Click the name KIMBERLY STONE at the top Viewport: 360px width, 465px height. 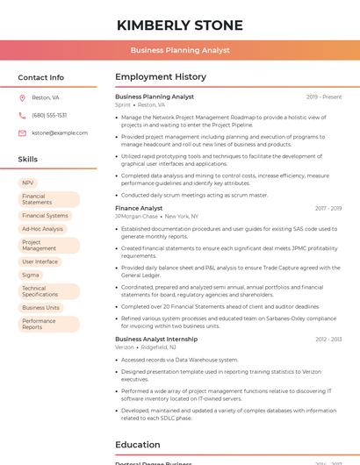[x=180, y=25]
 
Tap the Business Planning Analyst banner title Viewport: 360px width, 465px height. [x=180, y=50]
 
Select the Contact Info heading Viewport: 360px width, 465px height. [x=41, y=77]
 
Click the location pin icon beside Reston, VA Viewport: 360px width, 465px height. [x=22, y=97]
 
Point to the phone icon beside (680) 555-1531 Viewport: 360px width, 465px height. [x=22, y=115]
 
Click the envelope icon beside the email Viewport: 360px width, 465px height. [x=22, y=132]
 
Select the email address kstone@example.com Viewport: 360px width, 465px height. [x=60, y=132]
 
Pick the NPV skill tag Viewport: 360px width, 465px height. [x=29, y=182]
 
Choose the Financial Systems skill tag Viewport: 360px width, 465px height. [x=45, y=215]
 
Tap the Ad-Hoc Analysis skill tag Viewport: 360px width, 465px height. [x=42, y=229]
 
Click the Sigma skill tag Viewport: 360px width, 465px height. [x=31, y=275]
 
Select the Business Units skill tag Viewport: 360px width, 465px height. [x=41, y=308]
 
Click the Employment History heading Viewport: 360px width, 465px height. [x=161, y=77]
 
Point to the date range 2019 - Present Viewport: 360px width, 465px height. [x=324, y=97]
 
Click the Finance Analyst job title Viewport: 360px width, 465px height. [x=139, y=208]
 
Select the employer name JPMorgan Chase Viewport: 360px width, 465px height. [x=136, y=216]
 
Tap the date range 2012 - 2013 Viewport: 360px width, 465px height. [x=328, y=339]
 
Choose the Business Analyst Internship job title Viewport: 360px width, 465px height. [x=156, y=339]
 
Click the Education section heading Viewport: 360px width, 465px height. [x=138, y=444]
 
